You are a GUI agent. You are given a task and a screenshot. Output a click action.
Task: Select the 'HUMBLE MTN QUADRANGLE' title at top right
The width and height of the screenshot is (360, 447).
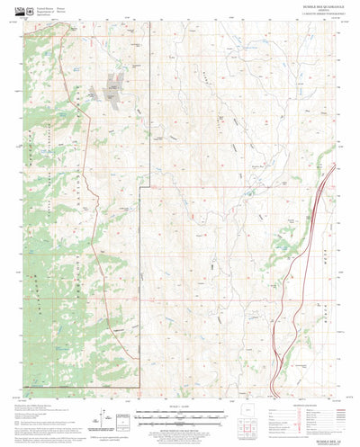click(x=310, y=9)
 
